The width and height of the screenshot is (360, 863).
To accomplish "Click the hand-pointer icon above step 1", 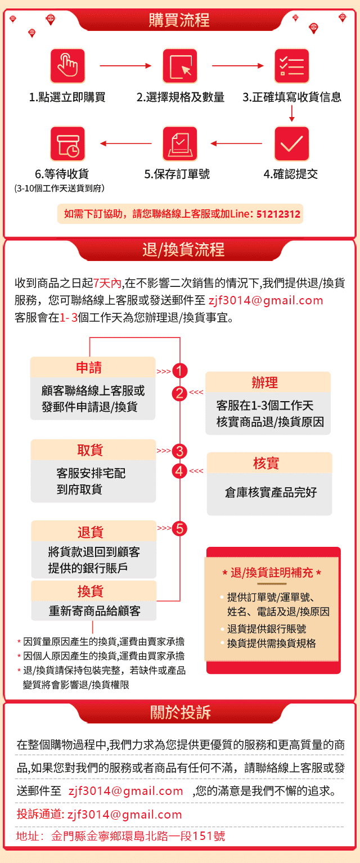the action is pyautogui.click(x=67, y=65).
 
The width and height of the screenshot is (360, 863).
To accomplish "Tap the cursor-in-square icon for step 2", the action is pyautogui.click(x=180, y=65).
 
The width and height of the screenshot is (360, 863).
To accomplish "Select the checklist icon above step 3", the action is pyautogui.click(x=292, y=65).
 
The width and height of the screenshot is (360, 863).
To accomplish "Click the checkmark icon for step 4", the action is pyautogui.click(x=292, y=143).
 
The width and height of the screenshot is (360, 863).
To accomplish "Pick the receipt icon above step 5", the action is pyautogui.click(x=180, y=143).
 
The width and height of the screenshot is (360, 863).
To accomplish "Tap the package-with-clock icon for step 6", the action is pyautogui.click(x=67, y=143).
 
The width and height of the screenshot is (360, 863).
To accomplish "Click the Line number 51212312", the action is pyautogui.click(x=278, y=214).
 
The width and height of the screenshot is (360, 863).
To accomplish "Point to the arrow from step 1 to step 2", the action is pyautogui.click(x=125, y=65).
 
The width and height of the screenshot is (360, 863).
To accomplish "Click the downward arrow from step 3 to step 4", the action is pyautogui.click(x=292, y=113).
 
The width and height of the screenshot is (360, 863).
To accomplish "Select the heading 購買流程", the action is pyautogui.click(x=179, y=20).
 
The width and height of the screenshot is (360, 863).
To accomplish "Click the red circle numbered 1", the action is pyautogui.click(x=180, y=371).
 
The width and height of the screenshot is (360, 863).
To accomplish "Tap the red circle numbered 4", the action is pyautogui.click(x=179, y=471).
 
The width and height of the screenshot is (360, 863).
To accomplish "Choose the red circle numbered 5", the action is pyautogui.click(x=180, y=528).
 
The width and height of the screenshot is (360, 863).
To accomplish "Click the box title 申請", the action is pyautogui.click(x=89, y=367).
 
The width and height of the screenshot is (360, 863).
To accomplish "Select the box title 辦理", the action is pyautogui.click(x=265, y=383).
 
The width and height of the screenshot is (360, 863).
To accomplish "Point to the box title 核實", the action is pyautogui.click(x=266, y=463).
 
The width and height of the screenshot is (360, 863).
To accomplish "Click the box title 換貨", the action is pyautogui.click(x=91, y=591).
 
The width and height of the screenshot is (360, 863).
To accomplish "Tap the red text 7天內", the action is pyautogui.click(x=107, y=283).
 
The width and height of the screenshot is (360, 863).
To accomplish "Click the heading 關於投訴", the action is pyautogui.click(x=181, y=712).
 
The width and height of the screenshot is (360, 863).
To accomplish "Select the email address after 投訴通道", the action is pyautogui.click(x=125, y=815).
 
